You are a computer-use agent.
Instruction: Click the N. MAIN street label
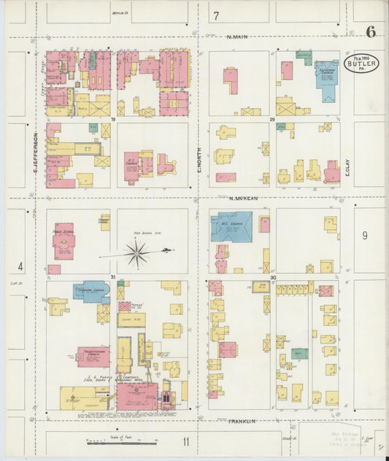pyautogui.click(x=239, y=36)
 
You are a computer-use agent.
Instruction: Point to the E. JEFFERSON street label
pyautogui.click(x=34, y=149)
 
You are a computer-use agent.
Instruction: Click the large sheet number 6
pyautogui.click(x=371, y=31)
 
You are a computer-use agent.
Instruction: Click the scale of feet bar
pyautogui.click(x=121, y=441)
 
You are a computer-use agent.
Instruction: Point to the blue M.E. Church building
pyautogui.click(x=231, y=226)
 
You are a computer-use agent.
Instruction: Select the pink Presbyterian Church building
pyautogui.click(x=93, y=357)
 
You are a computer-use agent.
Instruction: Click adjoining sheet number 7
pyautogui.click(x=216, y=15)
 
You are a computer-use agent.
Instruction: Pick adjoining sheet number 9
pyautogui.click(x=364, y=235)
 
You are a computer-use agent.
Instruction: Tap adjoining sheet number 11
pyautogui.click(x=187, y=441)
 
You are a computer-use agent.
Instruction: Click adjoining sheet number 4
pyautogui.click(x=21, y=266)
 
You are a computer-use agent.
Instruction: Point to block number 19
pyautogui.click(x=113, y=119)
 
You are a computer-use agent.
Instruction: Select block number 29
pyautogui.click(x=271, y=119)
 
